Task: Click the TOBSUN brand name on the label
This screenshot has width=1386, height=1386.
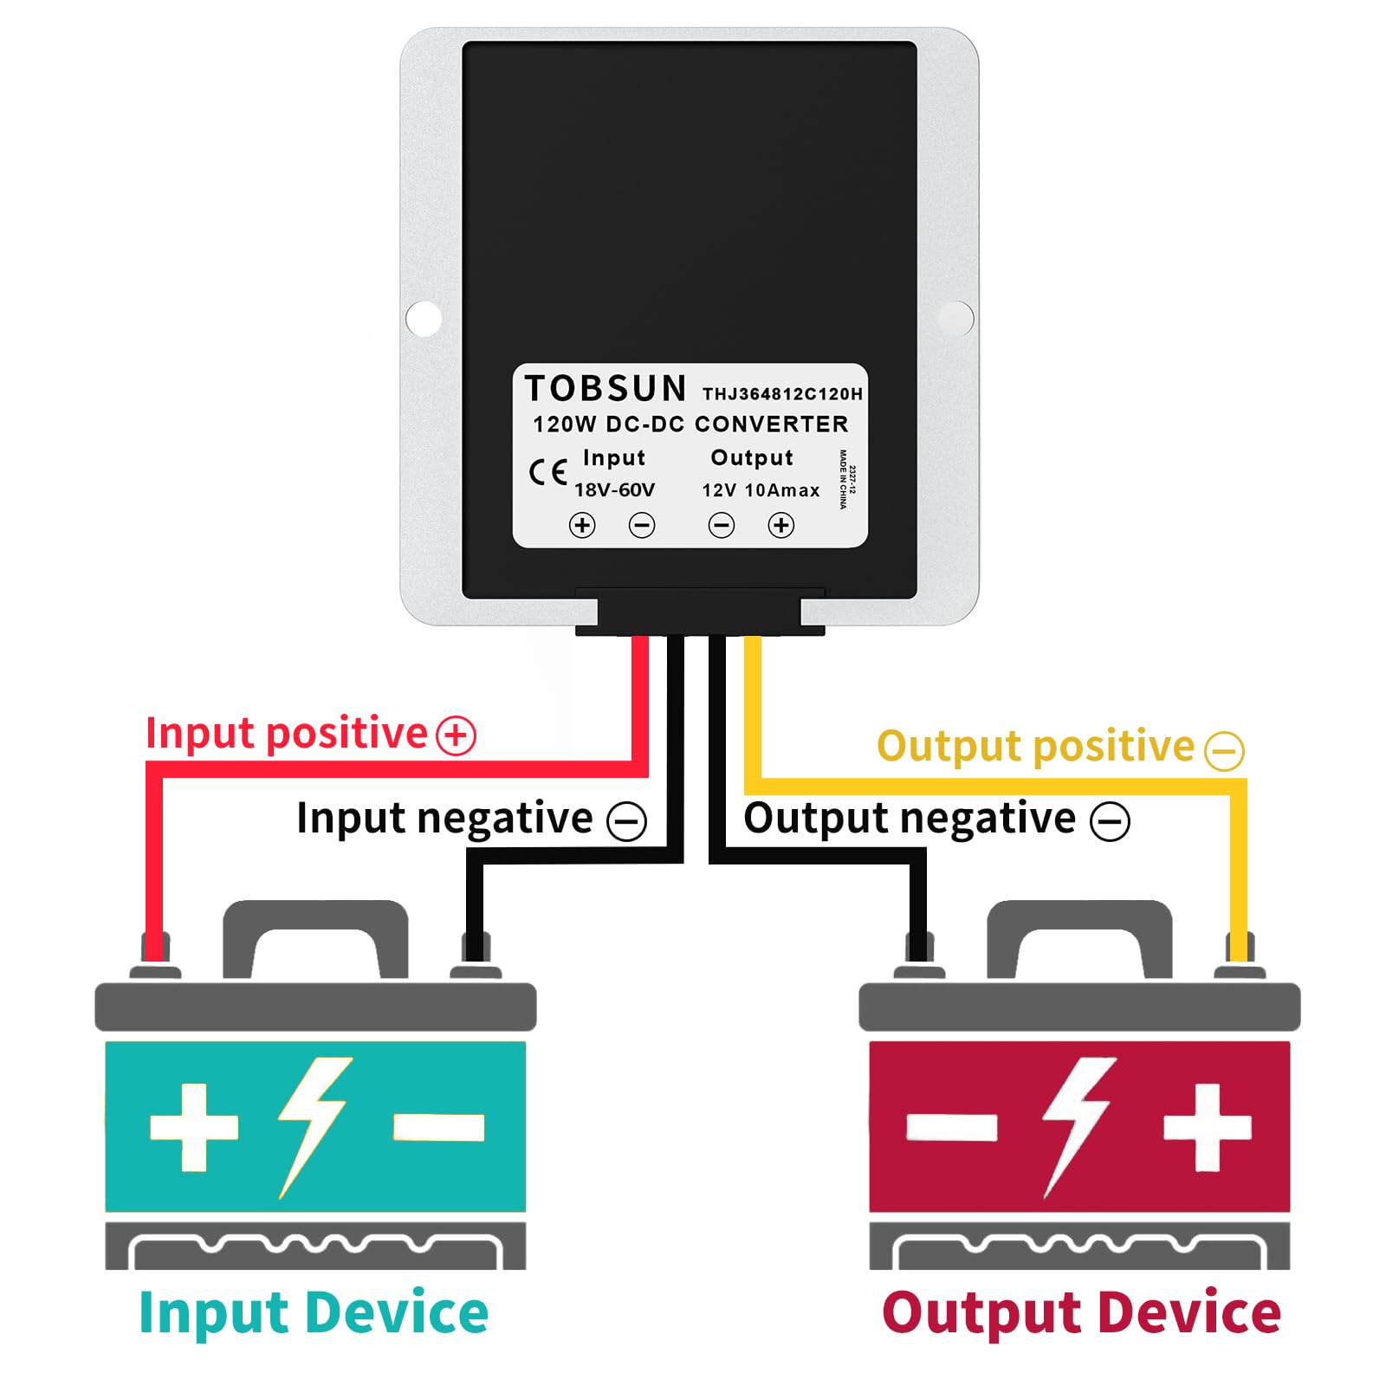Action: click(606, 389)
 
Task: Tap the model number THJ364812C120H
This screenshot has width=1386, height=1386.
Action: click(782, 394)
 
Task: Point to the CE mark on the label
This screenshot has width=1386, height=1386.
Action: click(547, 473)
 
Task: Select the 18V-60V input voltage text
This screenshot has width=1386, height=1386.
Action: click(614, 490)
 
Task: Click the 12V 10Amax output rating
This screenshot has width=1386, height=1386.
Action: click(761, 490)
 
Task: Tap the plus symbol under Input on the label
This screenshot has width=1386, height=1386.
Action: click(582, 525)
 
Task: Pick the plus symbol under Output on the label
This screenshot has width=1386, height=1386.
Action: click(781, 525)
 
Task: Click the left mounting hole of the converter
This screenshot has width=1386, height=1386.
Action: click(424, 318)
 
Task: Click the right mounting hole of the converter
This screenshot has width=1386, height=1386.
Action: click(956, 318)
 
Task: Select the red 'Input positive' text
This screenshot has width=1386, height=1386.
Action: click(287, 733)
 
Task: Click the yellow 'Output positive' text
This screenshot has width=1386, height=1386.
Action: click(1035, 746)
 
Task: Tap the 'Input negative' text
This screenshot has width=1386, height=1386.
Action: click(444, 818)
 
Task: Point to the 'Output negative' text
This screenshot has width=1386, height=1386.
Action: click(910, 818)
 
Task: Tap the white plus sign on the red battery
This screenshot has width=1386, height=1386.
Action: click(1207, 1127)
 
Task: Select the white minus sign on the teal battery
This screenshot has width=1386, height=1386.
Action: click(438, 1127)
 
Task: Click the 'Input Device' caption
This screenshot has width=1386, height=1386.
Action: click(314, 1313)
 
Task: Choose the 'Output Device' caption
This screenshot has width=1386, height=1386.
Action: click(1081, 1313)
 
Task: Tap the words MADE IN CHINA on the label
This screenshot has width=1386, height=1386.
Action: click(843, 479)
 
